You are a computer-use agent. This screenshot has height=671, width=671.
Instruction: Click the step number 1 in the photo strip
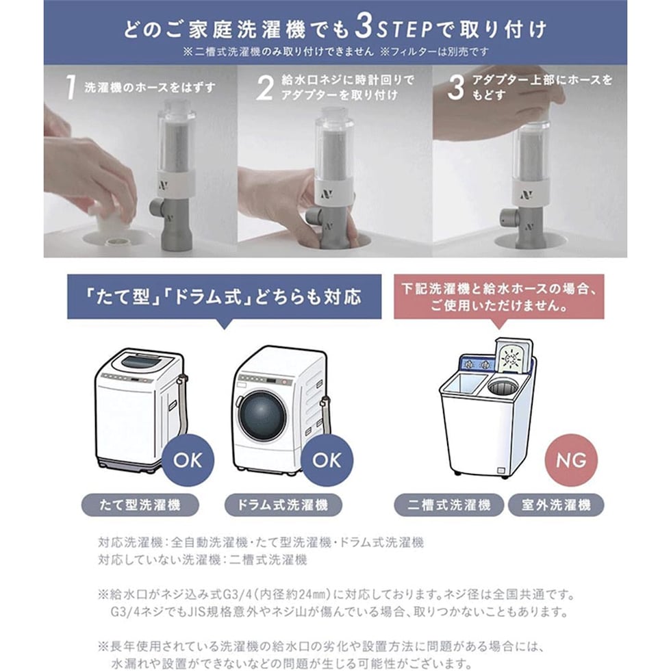coord(71,88)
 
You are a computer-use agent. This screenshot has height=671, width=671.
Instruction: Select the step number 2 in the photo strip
coord(265,88)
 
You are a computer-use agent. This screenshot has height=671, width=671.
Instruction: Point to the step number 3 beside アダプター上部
coord(456,88)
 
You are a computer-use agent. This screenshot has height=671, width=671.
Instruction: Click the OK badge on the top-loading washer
coord(188,460)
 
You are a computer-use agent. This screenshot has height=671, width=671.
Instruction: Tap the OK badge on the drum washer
coord(327,460)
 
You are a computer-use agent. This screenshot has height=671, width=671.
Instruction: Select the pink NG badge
coord(571,460)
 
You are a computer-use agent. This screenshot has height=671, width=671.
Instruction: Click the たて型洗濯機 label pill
coord(140,505)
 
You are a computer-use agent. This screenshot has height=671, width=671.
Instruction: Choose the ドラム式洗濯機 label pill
coord(283,505)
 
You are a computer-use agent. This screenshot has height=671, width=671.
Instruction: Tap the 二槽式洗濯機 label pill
coord(449,505)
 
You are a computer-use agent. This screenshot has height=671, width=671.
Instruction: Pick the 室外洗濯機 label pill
coord(556,505)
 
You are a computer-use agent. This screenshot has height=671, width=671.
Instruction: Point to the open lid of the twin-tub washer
coord(514,356)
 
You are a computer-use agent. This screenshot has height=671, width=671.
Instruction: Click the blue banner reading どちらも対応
coord(225,296)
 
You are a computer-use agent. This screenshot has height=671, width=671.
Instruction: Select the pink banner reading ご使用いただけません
coord(499,296)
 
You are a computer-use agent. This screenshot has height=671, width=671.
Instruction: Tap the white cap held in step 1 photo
coord(108,218)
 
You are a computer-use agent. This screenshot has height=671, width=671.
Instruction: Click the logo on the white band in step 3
coord(527,195)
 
